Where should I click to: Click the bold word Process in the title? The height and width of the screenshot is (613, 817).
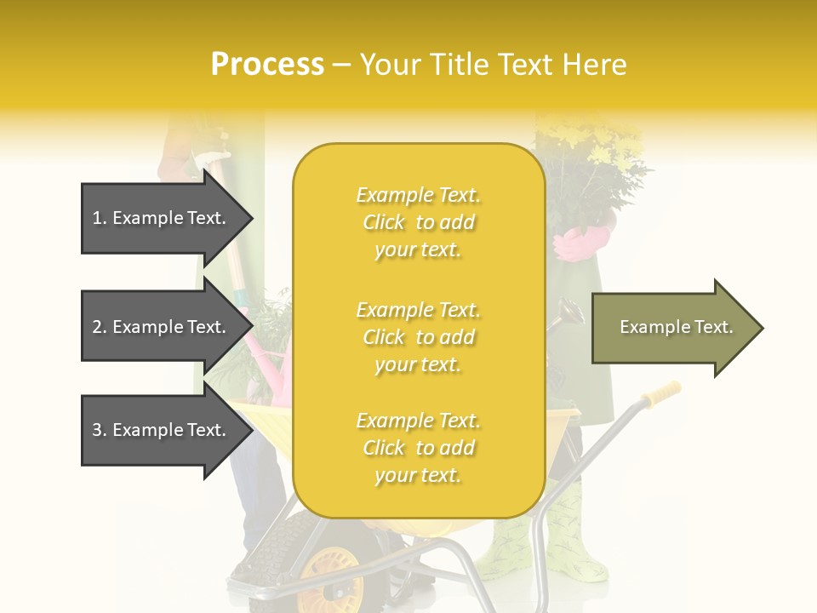[267, 65]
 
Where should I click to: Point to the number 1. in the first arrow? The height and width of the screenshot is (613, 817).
[100, 218]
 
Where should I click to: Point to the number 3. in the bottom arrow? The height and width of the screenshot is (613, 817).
[100, 430]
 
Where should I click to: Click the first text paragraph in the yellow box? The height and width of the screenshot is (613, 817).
[418, 222]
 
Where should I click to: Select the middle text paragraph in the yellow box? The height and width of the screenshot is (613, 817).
[418, 337]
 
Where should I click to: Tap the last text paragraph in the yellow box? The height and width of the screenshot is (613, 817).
[418, 448]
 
